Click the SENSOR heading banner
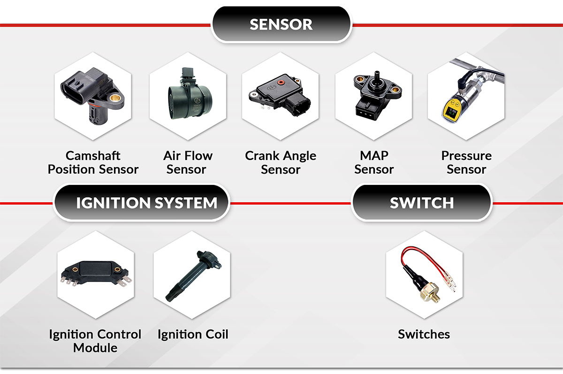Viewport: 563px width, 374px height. pyautogui.click(x=281, y=24)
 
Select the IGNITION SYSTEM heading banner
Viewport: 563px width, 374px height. pyautogui.click(x=146, y=203)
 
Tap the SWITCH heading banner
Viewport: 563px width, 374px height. pyautogui.click(x=421, y=203)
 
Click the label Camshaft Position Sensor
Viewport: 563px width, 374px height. pyautogui.click(x=93, y=162)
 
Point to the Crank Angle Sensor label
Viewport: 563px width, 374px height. pyautogui.click(x=281, y=162)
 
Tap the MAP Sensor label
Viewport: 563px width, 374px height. pyautogui.click(x=374, y=162)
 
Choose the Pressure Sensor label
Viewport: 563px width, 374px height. pyautogui.click(x=466, y=162)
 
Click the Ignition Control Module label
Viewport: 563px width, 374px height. pyautogui.click(x=95, y=341)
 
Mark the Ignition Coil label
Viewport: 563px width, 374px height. pyautogui.click(x=193, y=335)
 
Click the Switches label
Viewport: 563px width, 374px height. pyautogui.click(x=424, y=335)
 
